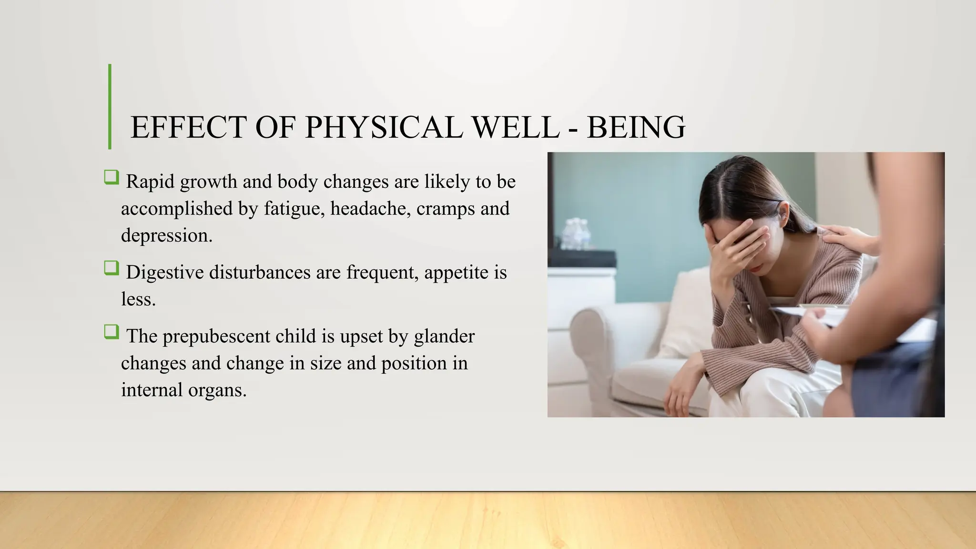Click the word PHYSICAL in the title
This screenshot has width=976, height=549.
[x=383, y=127]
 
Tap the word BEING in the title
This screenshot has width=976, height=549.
[x=636, y=127]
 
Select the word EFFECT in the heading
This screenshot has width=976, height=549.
[x=188, y=127]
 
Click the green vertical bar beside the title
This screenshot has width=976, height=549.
[x=110, y=107]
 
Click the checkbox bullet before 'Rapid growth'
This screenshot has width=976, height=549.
[x=112, y=178]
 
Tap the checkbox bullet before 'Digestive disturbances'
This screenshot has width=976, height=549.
[x=112, y=268]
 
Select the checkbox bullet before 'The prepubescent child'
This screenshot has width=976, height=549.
[x=112, y=332]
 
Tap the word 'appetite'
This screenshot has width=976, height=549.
[x=456, y=272]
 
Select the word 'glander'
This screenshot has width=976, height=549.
[x=444, y=336]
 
